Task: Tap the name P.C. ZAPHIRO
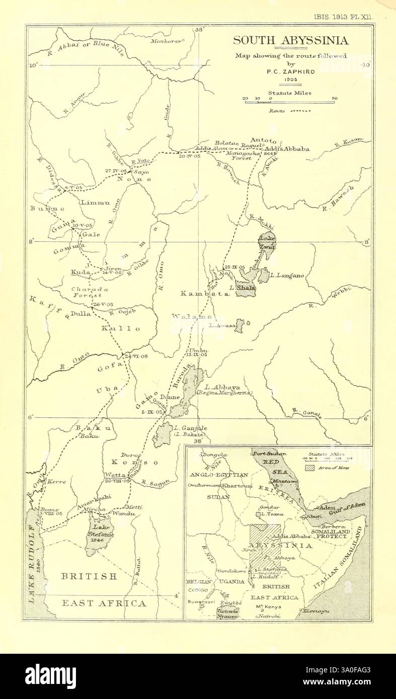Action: coord(290,72)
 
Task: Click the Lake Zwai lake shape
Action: coord(267,244)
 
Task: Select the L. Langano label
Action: coord(286,276)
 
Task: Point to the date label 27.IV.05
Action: coord(115,171)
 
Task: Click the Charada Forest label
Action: coord(90,293)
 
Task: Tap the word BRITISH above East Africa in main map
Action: coord(89,576)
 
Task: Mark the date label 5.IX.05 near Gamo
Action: coord(153,412)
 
